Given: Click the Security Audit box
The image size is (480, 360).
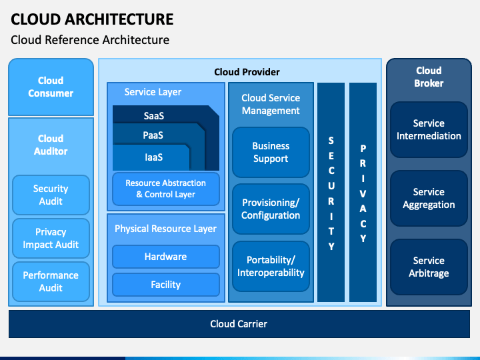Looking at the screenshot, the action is click(x=51, y=195).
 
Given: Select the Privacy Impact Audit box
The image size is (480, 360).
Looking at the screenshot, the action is click(x=51, y=238).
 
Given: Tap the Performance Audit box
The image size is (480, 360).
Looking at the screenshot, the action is click(x=51, y=281).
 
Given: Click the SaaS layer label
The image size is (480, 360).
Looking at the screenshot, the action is click(x=154, y=116).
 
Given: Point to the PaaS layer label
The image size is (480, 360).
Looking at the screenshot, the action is click(x=153, y=135).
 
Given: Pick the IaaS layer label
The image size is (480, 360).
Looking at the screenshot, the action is click(x=154, y=157).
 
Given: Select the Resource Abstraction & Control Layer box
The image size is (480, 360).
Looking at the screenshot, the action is click(x=166, y=189).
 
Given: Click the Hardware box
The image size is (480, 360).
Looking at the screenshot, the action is click(x=166, y=257).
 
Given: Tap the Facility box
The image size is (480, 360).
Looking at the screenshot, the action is click(x=166, y=285).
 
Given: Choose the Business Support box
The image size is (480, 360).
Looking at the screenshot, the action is click(x=271, y=153).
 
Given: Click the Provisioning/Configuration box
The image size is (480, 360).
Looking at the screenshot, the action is click(x=271, y=209).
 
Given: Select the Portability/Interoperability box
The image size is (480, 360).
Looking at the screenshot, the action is click(x=271, y=266).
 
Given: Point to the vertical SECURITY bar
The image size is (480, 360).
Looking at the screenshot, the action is click(x=331, y=192).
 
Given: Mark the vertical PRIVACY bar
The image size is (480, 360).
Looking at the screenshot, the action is click(x=363, y=192).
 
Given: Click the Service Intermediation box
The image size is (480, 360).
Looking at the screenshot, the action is click(x=429, y=130).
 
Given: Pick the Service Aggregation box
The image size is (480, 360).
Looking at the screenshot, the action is click(x=429, y=199).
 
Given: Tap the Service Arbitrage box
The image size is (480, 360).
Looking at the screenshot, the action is click(x=429, y=267).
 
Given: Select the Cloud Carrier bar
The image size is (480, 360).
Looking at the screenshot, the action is click(x=239, y=324).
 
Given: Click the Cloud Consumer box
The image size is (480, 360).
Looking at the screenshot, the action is click(x=51, y=87).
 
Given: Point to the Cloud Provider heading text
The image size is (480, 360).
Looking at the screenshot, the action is click(x=247, y=72).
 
